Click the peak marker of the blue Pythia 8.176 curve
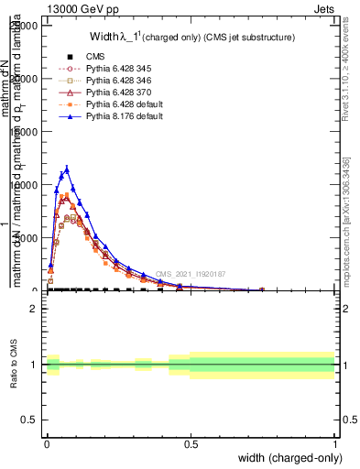66,169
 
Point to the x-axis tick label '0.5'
191,444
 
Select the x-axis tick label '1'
334,444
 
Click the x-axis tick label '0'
47,444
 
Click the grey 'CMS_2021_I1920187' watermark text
190,274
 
